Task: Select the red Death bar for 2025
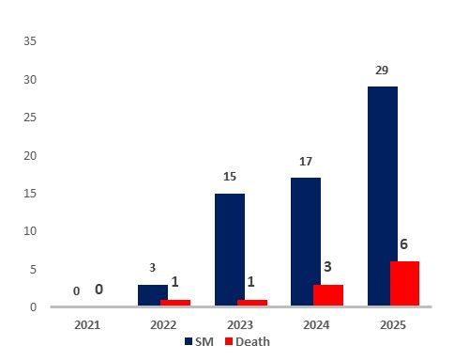(404, 283)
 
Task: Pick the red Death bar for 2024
(328, 294)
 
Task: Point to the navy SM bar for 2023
(230, 249)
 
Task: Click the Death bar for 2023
(252, 302)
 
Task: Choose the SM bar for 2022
(153, 294)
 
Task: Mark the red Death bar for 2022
(175, 302)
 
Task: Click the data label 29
(382, 71)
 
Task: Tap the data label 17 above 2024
(306, 161)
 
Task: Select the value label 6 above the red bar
(404, 244)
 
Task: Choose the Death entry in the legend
(246, 341)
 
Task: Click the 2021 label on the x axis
(87, 324)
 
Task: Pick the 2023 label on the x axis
(240, 324)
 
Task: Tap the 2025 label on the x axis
(393, 324)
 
